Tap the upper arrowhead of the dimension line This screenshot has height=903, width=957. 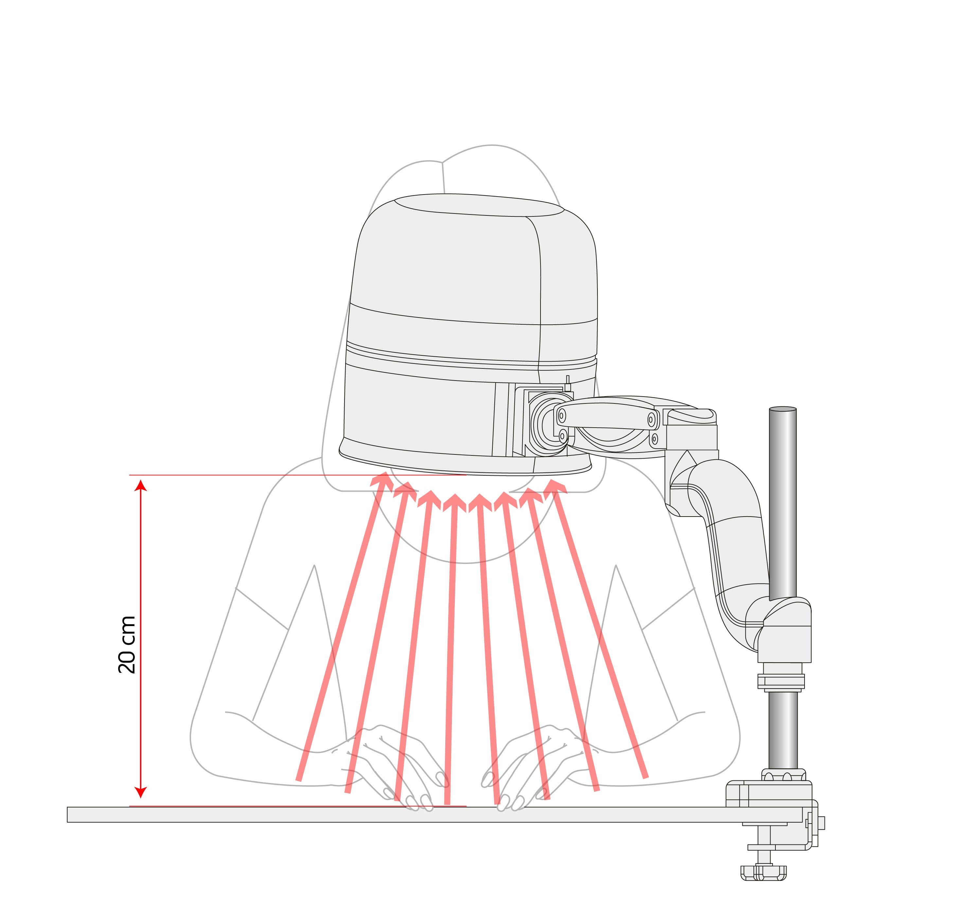[x=141, y=485]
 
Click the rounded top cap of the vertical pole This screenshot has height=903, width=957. [x=783, y=409]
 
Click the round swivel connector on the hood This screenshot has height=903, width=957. [x=550, y=424]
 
